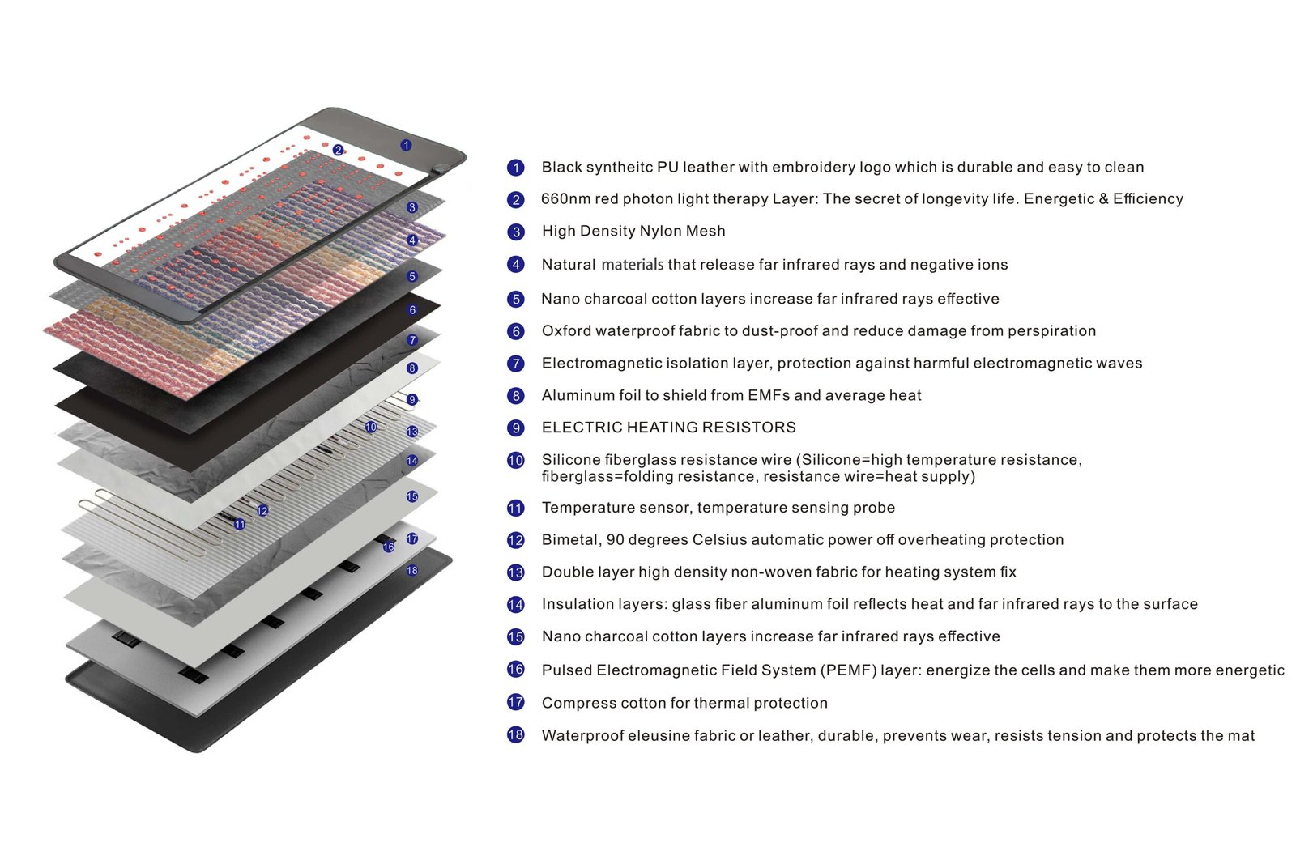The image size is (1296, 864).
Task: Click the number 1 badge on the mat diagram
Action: pyautogui.click(x=406, y=145)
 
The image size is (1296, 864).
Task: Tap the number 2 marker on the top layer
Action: pyautogui.click(x=338, y=150)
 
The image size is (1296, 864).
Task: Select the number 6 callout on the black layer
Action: pyautogui.click(x=412, y=309)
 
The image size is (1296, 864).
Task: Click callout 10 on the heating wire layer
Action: pyautogui.click(x=370, y=427)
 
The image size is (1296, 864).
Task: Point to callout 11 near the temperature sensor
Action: pyautogui.click(x=239, y=524)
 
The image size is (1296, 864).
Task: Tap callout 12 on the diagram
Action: pyautogui.click(x=262, y=510)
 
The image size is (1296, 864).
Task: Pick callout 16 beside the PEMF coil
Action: pyautogui.click(x=388, y=547)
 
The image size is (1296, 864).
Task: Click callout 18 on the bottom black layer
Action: pyautogui.click(x=412, y=570)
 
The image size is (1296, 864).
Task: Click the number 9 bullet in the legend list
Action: pyautogui.click(x=516, y=428)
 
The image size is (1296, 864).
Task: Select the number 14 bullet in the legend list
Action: pyautogui.click(x=516, y=604)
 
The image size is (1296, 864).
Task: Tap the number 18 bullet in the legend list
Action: pyautogui.click(x=516, y=735)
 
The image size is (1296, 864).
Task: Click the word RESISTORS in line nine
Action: pyautogui.click(x=750, y=428)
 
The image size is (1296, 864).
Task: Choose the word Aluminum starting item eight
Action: pyautogui.click(x=573, y=395)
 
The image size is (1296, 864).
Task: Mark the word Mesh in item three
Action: pyautogui.click(x=706, y=232)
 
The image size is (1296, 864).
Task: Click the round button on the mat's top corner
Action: pyautogui.click(x=440, y=169)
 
